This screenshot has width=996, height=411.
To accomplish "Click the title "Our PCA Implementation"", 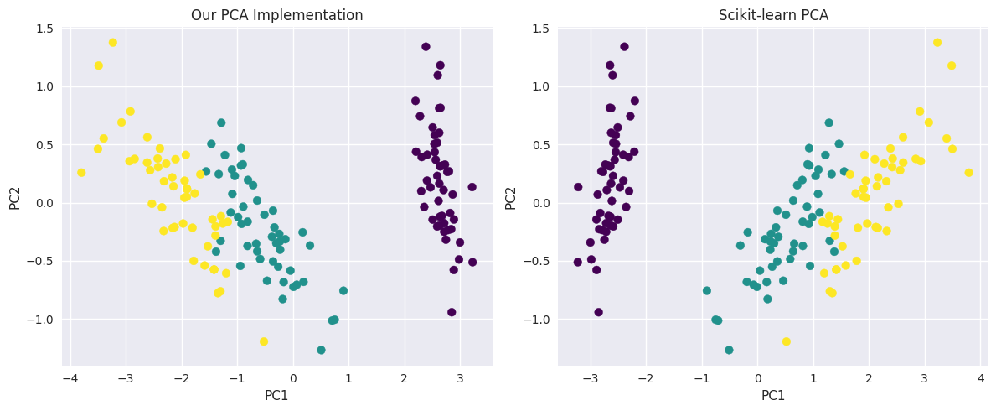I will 276,15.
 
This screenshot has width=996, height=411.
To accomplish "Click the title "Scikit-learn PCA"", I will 773,15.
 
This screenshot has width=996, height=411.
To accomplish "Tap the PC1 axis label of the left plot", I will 276,395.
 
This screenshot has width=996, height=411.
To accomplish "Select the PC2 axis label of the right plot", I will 510,197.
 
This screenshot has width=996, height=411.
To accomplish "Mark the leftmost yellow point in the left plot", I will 81,173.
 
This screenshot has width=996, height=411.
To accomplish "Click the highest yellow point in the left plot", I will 113,43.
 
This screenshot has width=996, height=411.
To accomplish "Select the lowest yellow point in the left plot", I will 264,341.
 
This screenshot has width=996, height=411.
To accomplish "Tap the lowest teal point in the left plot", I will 321,350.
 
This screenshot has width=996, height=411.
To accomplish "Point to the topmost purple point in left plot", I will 426,47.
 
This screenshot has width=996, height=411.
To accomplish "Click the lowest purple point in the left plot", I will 452,312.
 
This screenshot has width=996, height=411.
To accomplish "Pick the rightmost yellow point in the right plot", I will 968,173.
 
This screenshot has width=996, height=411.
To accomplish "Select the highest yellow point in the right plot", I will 937,43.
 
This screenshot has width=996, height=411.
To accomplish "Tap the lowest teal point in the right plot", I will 729,350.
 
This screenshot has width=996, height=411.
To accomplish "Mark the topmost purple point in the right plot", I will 624,47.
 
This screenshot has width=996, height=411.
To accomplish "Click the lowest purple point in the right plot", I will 598,312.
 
